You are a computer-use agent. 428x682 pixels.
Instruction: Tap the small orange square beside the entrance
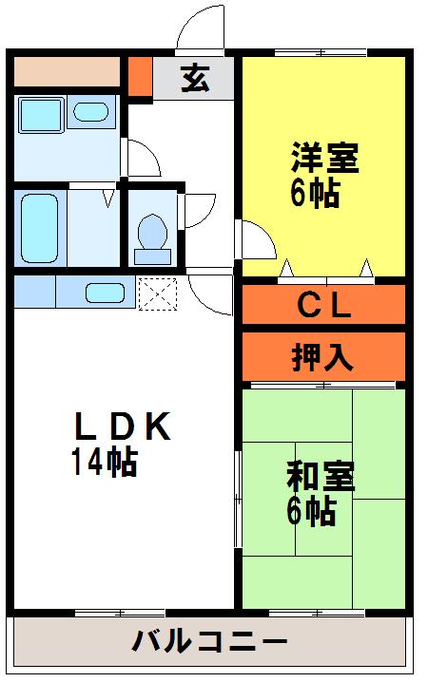[x=140, y=78]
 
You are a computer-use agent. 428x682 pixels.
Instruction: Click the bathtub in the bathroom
[x=39, y=228]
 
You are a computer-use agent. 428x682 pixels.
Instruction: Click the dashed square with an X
[x=158, y=293]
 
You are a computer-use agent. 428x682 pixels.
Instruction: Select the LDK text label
[x=122, y=428]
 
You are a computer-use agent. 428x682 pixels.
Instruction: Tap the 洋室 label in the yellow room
[x=323, y=157]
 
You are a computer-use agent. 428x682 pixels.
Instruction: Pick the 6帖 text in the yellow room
[x=314, y=193]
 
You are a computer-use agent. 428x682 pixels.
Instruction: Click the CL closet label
[x=325, y=306]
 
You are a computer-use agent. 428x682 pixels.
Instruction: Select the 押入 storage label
[x=322, y=357]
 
